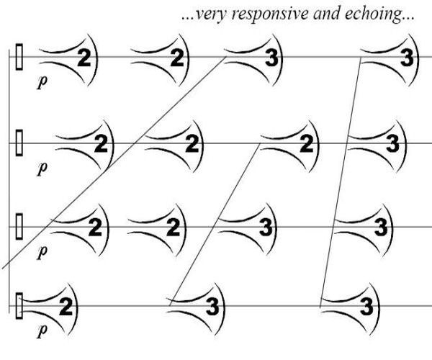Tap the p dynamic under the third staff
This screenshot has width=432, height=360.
tap(41, 251)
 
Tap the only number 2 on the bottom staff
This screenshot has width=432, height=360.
tap(66, 308)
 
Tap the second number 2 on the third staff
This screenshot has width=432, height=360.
tap(173, 228)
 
